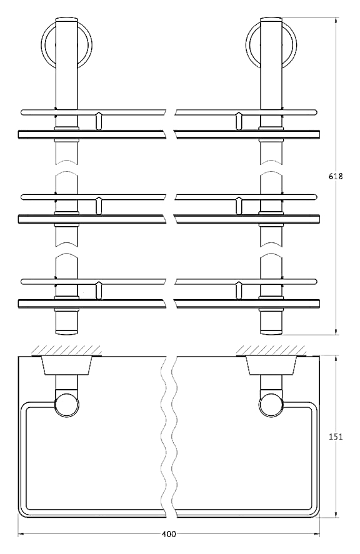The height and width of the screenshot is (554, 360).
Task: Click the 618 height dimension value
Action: coord(335,176)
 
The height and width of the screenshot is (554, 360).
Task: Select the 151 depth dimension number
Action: coord(335,437)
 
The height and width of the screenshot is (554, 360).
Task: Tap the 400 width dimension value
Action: coord(169,534)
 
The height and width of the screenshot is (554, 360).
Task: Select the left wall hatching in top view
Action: coord(66,350)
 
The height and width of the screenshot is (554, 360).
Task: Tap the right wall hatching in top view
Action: coord(271,350)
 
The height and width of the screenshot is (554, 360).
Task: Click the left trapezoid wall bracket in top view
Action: coord(66,365)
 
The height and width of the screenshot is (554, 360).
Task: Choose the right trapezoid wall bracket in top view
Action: coord(271,365)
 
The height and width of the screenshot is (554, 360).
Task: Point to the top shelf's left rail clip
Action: coord(99,121)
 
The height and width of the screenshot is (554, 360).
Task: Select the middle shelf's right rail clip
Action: coord(239,205)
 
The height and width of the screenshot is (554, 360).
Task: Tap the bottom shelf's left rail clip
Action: coord(99,290)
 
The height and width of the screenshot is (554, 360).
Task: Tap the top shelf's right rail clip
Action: coord(239,121)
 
